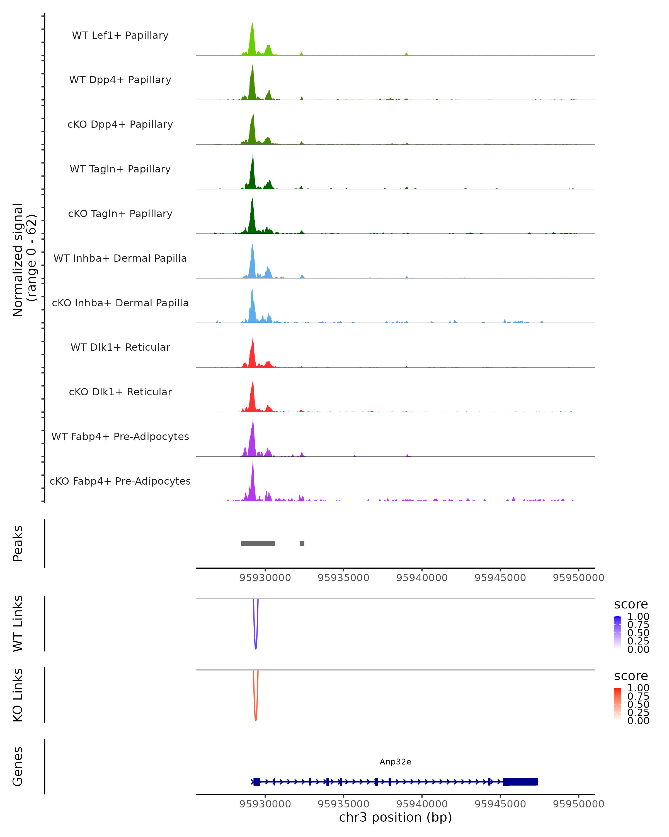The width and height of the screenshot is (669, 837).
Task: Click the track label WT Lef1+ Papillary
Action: point(120,35)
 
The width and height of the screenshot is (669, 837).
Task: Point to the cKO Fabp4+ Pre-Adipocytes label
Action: point(120,481)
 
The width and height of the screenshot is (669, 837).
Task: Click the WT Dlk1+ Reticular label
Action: point(120,347)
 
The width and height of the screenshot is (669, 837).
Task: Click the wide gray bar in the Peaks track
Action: point(258,543)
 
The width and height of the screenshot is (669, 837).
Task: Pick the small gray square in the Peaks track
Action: point(302,543)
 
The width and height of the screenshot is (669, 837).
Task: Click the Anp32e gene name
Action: point(395,762)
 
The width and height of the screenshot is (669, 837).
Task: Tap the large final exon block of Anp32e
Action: point(520,781)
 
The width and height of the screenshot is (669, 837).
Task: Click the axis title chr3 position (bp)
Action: point(395,817)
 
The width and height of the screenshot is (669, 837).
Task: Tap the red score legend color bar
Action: point(617,703)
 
